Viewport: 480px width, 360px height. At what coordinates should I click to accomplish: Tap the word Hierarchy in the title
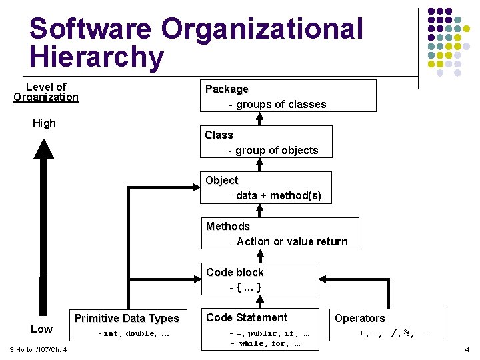[x=97, y=57]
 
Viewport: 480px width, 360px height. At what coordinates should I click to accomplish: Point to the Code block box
[x=261, y=279]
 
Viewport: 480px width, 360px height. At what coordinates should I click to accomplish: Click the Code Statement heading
[x=247, y=317]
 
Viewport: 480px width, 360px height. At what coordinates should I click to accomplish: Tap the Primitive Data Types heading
[x=127, y=318]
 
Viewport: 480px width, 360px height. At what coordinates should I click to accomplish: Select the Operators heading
[x=360, y=319]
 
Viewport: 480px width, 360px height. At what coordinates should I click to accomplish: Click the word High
[x=44, y=123]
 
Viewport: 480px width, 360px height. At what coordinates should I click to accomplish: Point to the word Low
[x=41, y=329]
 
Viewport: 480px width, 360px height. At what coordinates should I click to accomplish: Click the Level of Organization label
[x=46, y=92]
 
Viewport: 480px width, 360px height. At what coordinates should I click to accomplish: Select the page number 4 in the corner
[x=467, y=349]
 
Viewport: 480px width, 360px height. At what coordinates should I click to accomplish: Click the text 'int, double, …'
[x=133, y=333]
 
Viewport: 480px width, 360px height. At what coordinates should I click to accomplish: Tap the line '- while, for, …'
[x=265, y=344]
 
